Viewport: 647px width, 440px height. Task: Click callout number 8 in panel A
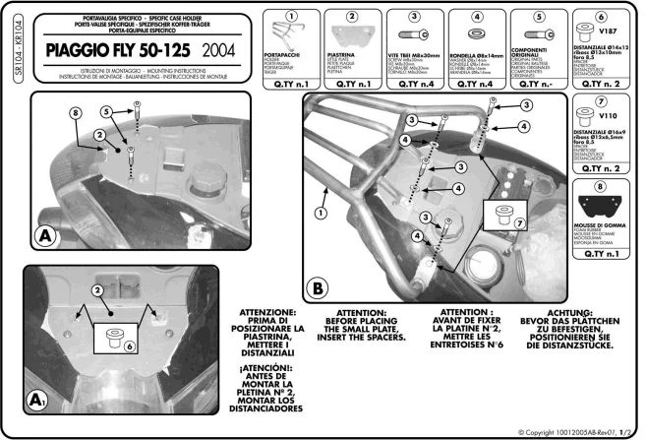click(x=74, y=114)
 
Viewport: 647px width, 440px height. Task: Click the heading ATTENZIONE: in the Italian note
click(x=260, y=311)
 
